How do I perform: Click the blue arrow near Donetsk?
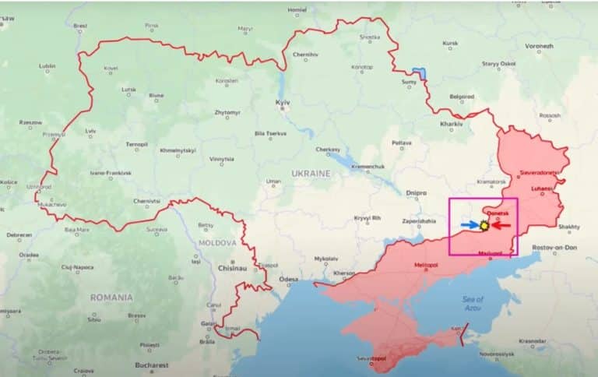click(x=470, y=225)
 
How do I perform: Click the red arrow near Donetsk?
click(x=501, y=226)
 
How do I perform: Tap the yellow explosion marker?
click(x=484, y=225)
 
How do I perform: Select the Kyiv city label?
click(x=283, y=103)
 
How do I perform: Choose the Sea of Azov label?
click(x=473, y=303)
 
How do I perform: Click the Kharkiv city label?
click(x=451, y=124)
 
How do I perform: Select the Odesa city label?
click(x=289, y=278)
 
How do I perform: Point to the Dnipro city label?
click(x=417, y=192)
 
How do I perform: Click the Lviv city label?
click(x=91, y=131)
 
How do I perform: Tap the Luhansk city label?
click(x=542, y=188)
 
